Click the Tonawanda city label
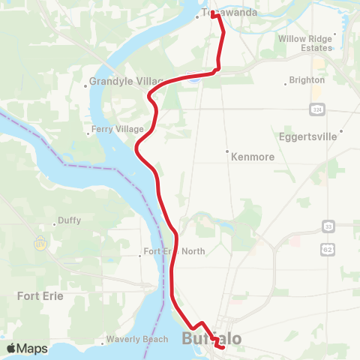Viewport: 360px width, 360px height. tap(229, 13)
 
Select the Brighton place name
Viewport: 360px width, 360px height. tap(307, 79)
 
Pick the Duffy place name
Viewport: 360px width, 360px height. tap(67, 221)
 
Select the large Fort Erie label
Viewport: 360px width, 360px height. tap(40, 295)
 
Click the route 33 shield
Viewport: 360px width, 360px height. tap(328, 226)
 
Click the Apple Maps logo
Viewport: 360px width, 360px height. tap(27, 348)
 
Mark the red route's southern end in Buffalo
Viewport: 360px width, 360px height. tap(223, 346)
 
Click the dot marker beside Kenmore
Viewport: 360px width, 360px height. tap(227, 152)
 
